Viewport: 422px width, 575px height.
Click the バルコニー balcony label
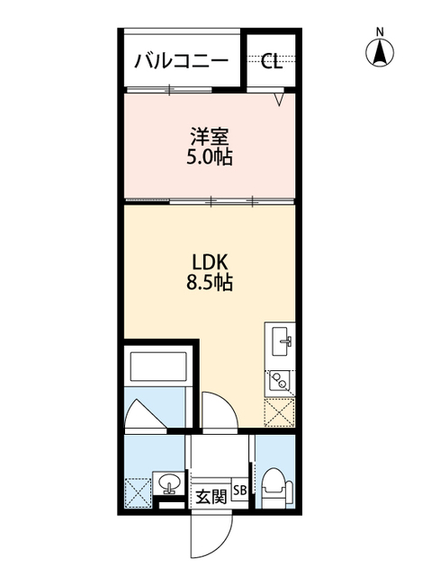tap(182, 61)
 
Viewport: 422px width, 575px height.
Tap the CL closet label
tap(271, 61)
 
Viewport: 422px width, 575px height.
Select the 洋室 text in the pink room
tap(210, 137)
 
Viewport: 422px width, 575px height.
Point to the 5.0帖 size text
tap(210, 159)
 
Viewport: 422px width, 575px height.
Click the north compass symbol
tap(380, 53)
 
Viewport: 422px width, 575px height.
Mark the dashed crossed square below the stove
tap(280, 412)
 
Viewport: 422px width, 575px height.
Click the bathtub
tap(158, 369)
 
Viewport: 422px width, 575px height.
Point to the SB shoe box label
tap(240, 491)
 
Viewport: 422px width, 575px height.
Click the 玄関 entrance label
tap(212, 496)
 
